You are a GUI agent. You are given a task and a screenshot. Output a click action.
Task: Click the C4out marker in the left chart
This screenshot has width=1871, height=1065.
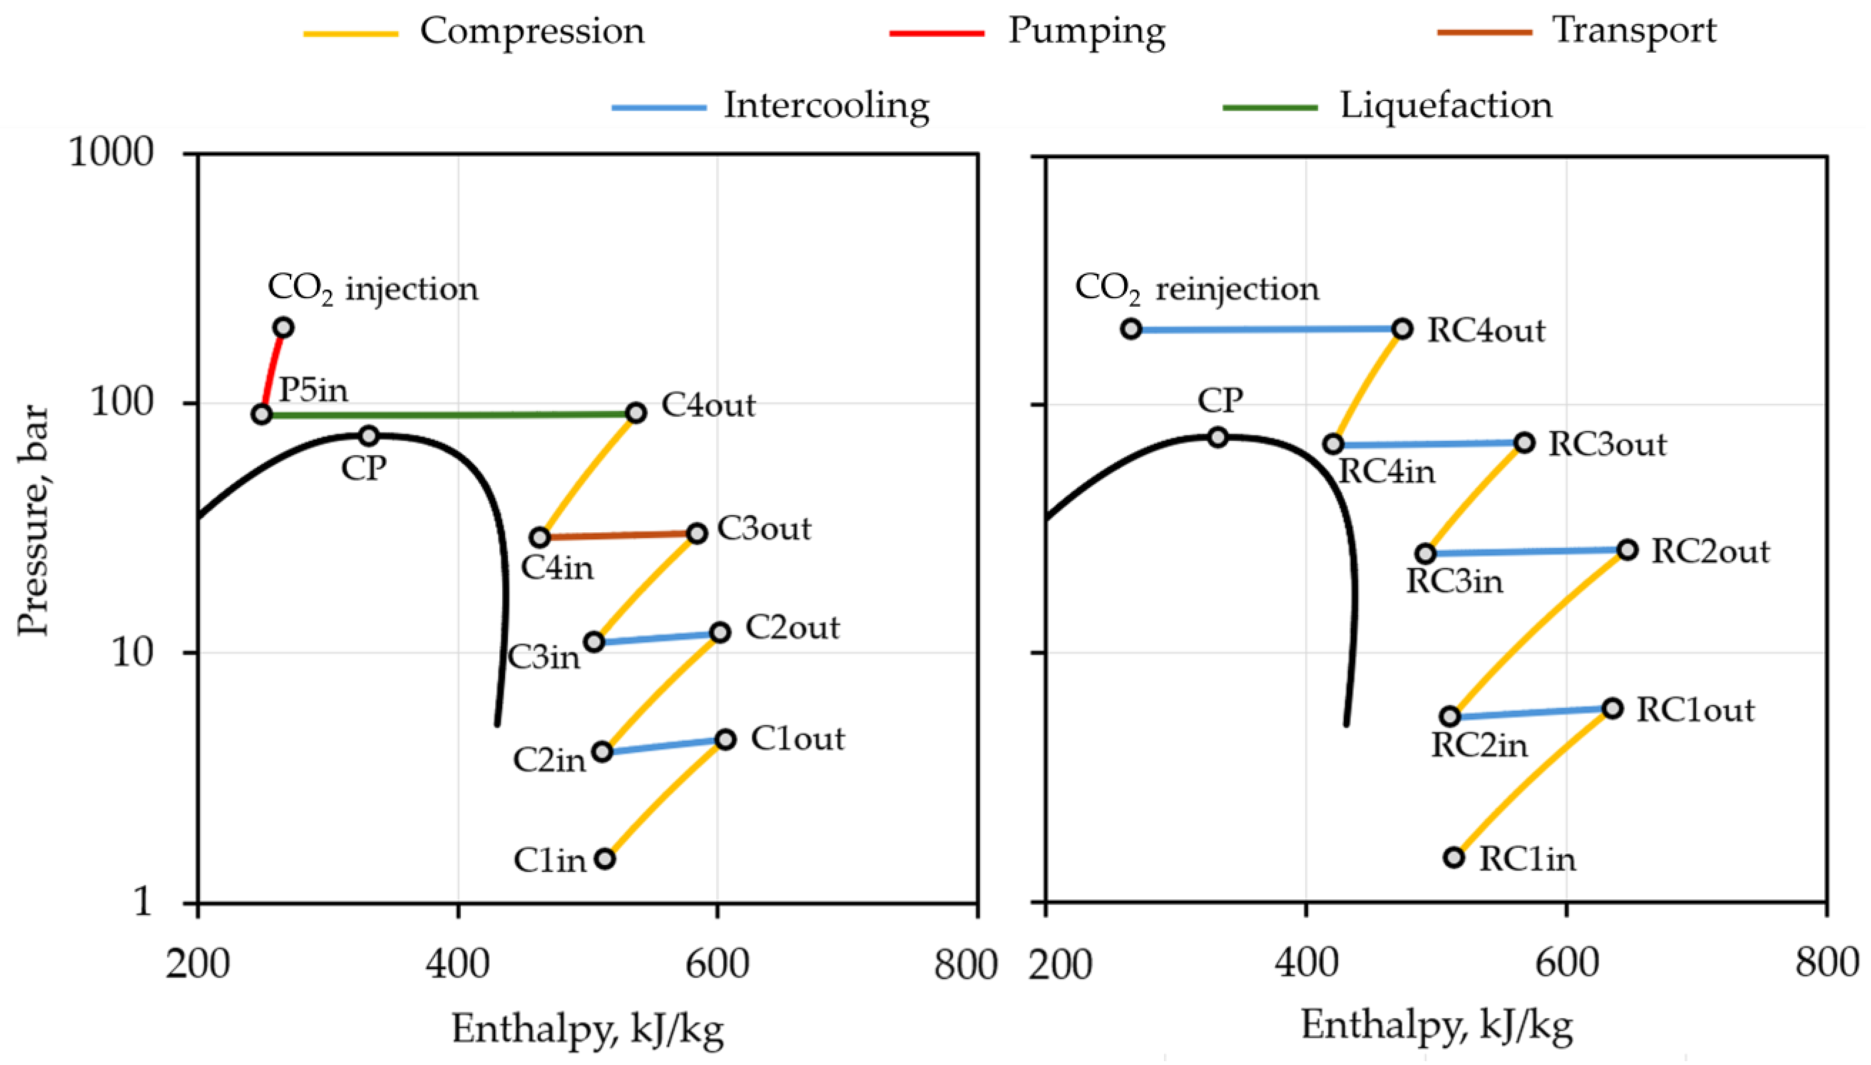pyautogui.click(x=636, y=413)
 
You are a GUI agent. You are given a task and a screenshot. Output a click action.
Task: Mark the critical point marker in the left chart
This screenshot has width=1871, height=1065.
pyautogui.click(x=369, y=436)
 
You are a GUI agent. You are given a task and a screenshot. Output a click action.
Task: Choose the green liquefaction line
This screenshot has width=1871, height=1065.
pyautogui.click(x=449, y=415)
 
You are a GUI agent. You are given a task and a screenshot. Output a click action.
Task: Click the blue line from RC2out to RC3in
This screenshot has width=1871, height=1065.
pyautogui.click(x=1526, y=552)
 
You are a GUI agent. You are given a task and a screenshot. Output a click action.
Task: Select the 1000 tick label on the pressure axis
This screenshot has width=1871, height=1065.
pyautogui.click(x=111, y=154)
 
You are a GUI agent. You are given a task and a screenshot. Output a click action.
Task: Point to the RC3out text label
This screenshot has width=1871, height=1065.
pyautogui.click(x=1607, y=444)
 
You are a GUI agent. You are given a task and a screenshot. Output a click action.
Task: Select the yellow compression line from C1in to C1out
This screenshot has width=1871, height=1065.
pyautogui.click(x=664, y=799)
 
